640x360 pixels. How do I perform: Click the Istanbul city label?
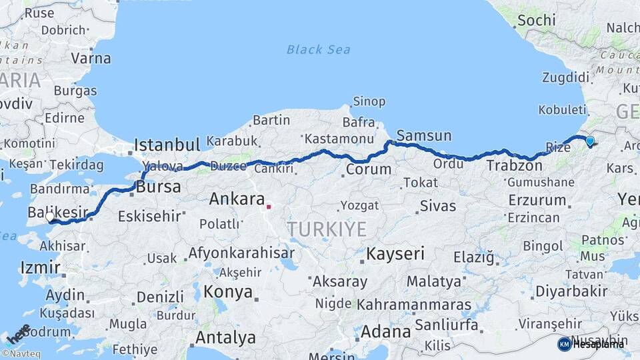[x=167, y=145]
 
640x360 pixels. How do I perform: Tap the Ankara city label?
[x=237, y=199]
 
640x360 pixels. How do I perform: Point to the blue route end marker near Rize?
[x=589, y=141]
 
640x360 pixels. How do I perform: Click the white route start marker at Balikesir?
[x=50, y=217]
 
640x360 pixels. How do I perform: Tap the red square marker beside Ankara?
[x=269, y=207]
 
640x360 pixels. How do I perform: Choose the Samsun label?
[x=424, y=136]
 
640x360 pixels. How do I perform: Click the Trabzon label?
[x=514, y=165]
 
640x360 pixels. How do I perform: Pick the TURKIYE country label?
[x=327, y=230]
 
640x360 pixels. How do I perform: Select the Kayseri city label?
[x=395, y=253]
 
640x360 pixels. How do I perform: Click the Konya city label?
[x=228, y=292]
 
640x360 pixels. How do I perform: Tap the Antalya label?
[x=226, y=338]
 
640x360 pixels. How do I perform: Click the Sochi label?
[x=536, y=20]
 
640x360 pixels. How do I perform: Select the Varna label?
[x=91, y=58]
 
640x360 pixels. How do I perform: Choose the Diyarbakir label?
[x=571, y=291]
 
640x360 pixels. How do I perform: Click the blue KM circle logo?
[x=564, y=344]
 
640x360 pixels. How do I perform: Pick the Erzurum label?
[x=537, y=200]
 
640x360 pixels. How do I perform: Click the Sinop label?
[x=369, y=101]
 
